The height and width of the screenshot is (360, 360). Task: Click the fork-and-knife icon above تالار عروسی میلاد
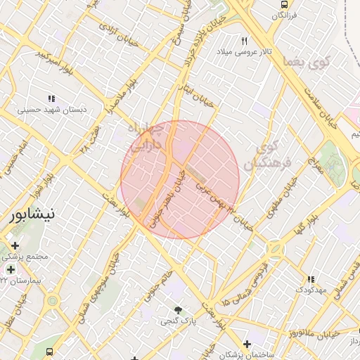coord(245,41)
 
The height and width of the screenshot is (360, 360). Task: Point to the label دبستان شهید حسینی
coord(51,110)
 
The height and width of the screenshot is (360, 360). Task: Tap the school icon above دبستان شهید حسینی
coord(51,98)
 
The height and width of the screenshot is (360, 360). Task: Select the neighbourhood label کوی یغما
coord(307,63)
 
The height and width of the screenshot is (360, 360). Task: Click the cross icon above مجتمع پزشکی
coord(15,245)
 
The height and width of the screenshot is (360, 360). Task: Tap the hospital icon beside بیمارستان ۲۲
coord(11,269)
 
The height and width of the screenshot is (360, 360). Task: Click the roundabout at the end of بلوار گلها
coord(274,250)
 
